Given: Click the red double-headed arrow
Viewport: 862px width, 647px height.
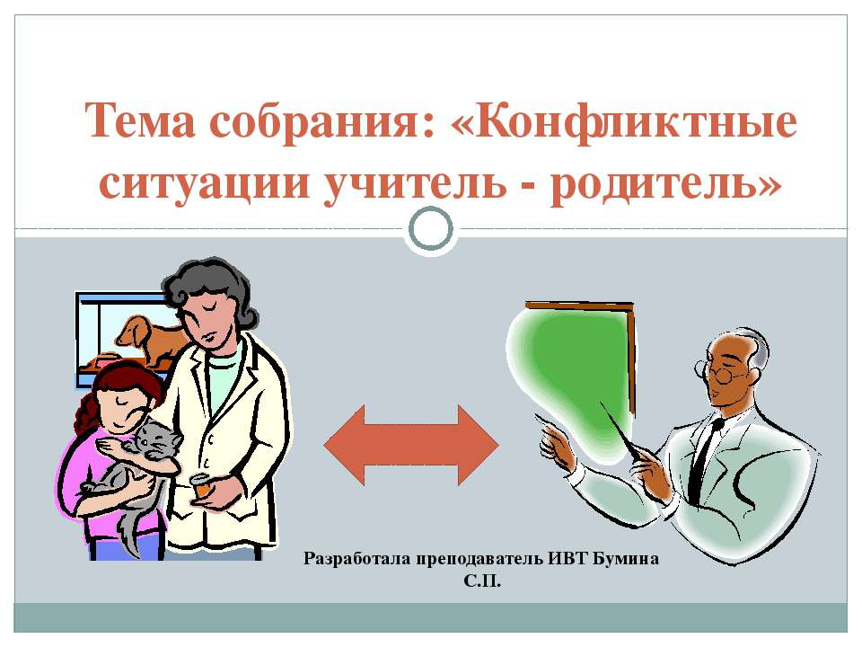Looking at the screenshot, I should coord(410,445).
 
